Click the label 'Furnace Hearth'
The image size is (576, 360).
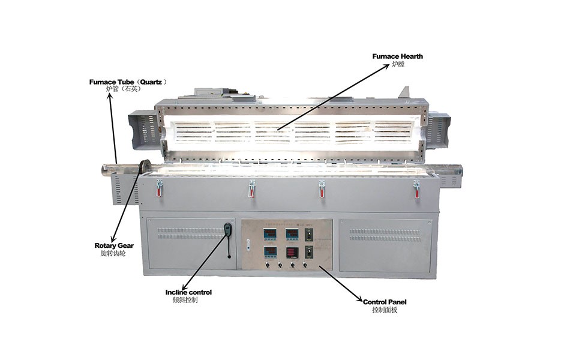pos(397,56)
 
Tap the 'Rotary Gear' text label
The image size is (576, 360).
pos(114,246)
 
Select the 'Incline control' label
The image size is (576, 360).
pos(188,292)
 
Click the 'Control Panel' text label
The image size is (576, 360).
pos(385,302)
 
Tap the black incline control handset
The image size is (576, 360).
pos(228,230)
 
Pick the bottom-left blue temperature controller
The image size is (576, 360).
pos(270,253)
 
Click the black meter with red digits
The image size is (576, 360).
pos(292,253)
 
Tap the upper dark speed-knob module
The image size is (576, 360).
pos(310,235)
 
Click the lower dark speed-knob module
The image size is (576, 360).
pos(310,253)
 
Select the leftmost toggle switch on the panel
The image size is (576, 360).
pos(268,265)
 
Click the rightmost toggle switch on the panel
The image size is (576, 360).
pos(305,265)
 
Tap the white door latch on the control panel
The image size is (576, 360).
pos(248,245)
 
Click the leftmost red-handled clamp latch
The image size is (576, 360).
pos(159,187)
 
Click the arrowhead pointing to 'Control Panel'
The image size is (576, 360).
pos(361,299)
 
